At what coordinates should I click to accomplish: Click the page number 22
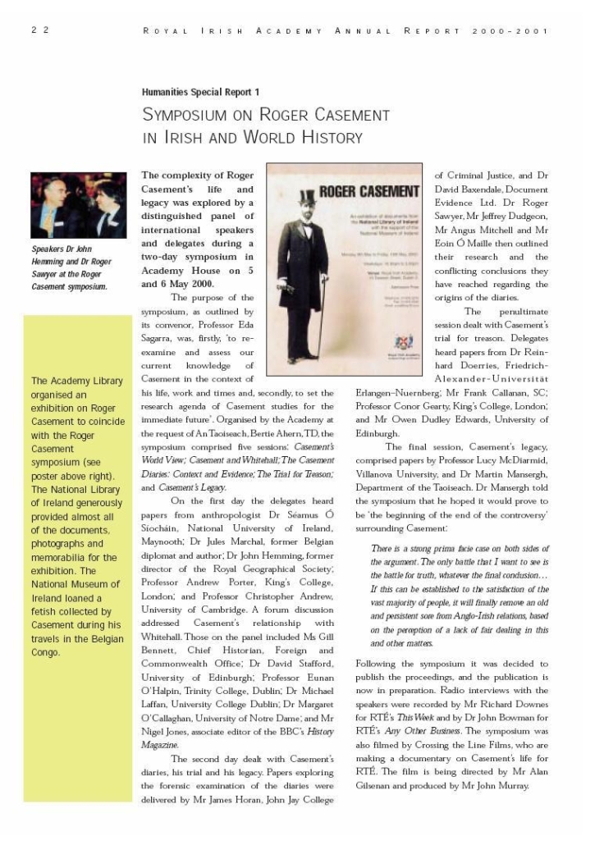coord(41,31)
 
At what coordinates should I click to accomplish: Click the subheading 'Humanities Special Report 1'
coord(200,92)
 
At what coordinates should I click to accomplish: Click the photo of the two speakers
coord(79,206)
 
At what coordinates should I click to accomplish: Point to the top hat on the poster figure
coord(308,199)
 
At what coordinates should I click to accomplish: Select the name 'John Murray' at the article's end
coord(504,785)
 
